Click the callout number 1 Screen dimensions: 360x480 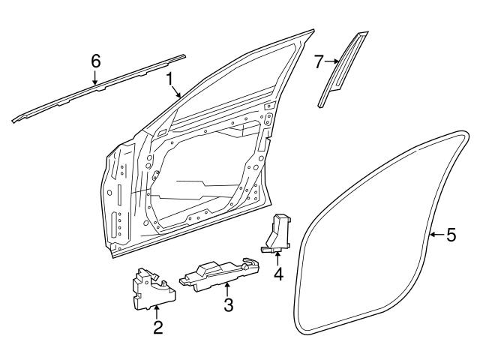coord(170,78)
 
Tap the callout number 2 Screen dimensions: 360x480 coord(157,327)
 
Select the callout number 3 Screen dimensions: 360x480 coord(228,304)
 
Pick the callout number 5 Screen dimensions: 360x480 coord(451,235)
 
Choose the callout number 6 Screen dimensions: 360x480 coord(95,61)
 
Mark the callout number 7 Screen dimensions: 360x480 coord(318,61)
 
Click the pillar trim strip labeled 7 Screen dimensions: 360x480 coord(343,70)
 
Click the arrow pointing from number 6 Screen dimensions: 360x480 coord(95,76)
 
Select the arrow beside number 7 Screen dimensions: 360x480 coord(332,61)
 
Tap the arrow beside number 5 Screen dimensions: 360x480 coord(435,235)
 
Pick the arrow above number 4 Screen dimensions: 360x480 coord(278,256)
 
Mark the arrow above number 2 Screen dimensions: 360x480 coord(157,310)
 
